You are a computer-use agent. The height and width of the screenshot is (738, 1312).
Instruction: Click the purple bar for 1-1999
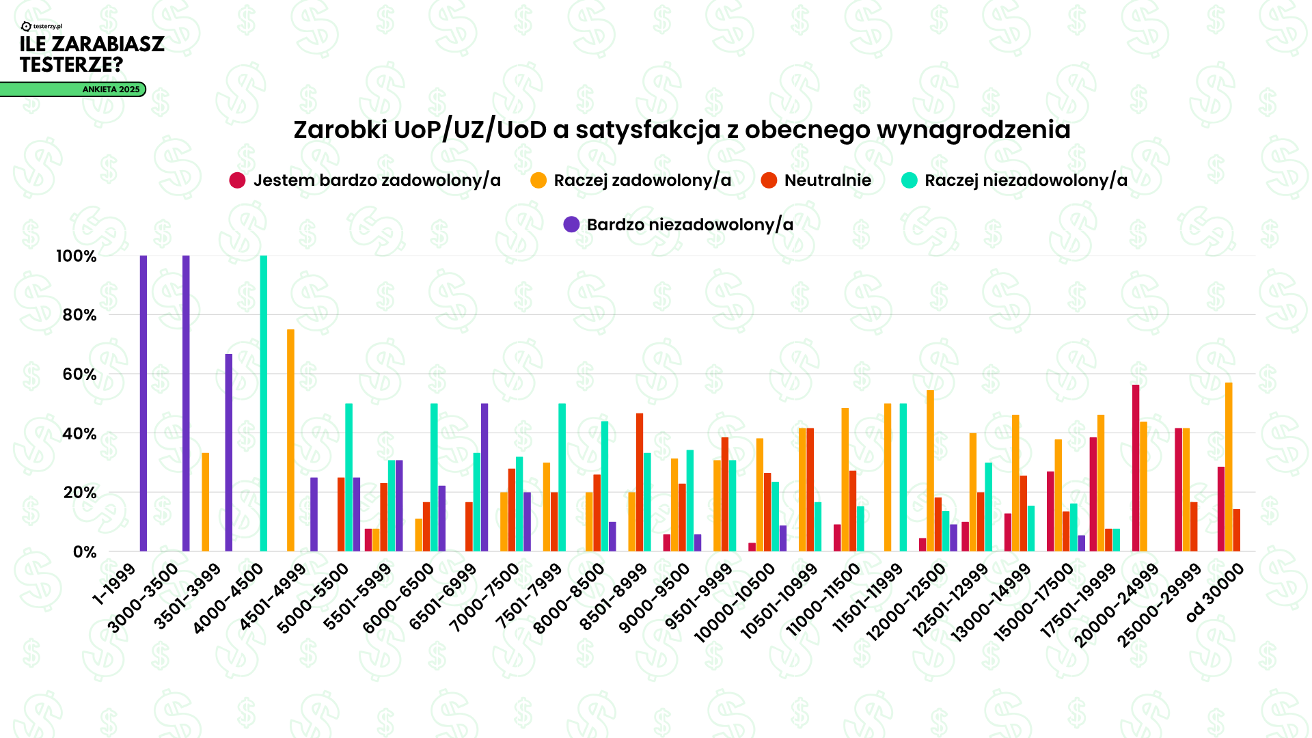(x=143, y=403)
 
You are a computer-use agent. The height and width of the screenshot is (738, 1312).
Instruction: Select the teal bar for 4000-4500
(x=264, y=403)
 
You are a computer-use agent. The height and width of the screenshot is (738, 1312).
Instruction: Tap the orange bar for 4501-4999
(x=291, y=440)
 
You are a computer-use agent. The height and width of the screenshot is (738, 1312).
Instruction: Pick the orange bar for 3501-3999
(x=206, y=502)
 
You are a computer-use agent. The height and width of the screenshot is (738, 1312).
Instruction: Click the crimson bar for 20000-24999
(x=1136, y=468)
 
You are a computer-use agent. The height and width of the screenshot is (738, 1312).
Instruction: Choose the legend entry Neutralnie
(x=816, y=180)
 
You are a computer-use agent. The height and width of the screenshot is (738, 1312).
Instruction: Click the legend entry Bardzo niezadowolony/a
(x=678, y=225)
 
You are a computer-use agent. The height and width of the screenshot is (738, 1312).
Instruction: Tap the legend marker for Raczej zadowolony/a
(x=538, y=180)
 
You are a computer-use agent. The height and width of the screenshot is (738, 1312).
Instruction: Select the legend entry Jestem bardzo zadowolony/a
(x=365, y=180)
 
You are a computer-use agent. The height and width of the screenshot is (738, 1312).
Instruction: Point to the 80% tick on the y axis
(x=79, y=315)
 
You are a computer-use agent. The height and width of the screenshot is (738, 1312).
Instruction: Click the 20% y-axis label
(x=79, y=493)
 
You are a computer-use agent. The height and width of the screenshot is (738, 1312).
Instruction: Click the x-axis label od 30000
(x=1216, y=593)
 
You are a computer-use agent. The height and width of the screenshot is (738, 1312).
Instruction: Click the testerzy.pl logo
(x=42, y=26)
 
